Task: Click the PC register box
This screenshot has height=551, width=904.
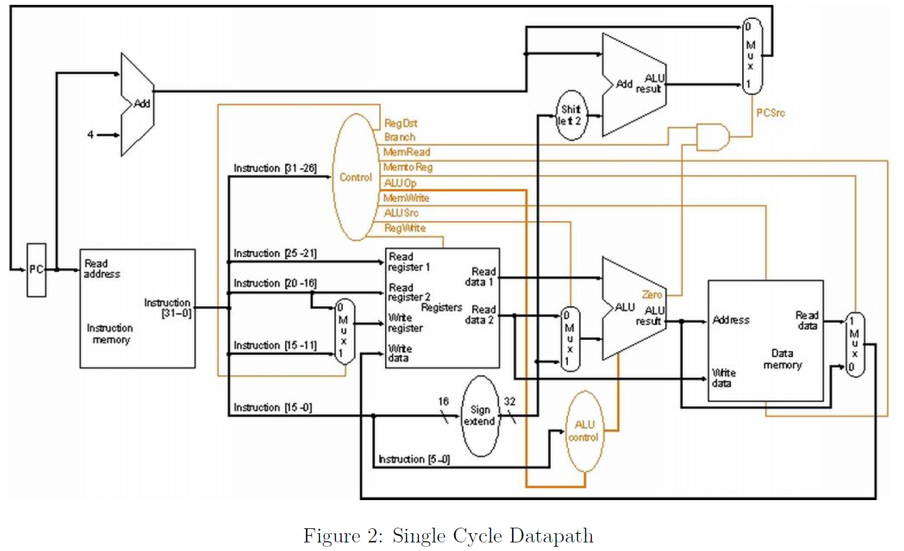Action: [x=36, y=269]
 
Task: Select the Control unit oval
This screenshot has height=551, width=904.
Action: [x=356, y=177]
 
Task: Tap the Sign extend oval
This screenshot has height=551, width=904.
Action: [x=480, y=415]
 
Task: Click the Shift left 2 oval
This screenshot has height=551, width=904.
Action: [x=571, y=115]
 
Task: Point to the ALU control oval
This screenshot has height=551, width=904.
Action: [x=584, y=431]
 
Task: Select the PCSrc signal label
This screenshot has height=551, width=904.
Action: [x=770, y=113]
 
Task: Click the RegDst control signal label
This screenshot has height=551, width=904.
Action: [x=400, y=123]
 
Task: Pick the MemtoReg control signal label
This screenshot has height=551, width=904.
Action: [x=408, y=167]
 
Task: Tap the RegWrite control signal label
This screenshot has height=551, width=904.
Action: [x=405, y=228]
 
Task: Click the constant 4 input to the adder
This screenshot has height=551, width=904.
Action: [x=91, y=134]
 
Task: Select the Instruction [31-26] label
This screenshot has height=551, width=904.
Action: [x=275, y=168]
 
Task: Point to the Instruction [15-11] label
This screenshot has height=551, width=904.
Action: [x=275, y=345]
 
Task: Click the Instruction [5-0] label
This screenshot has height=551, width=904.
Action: [x=414, y=459]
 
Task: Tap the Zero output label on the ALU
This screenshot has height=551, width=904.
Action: [x=651, y=295]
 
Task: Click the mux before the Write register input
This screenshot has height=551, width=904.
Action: [x=344, y=331]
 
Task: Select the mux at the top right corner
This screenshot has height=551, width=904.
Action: [x=751, y=56]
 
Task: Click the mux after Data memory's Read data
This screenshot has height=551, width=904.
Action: [x=854, y=344]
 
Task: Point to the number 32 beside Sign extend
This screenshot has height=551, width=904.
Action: [x=510, y=401]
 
